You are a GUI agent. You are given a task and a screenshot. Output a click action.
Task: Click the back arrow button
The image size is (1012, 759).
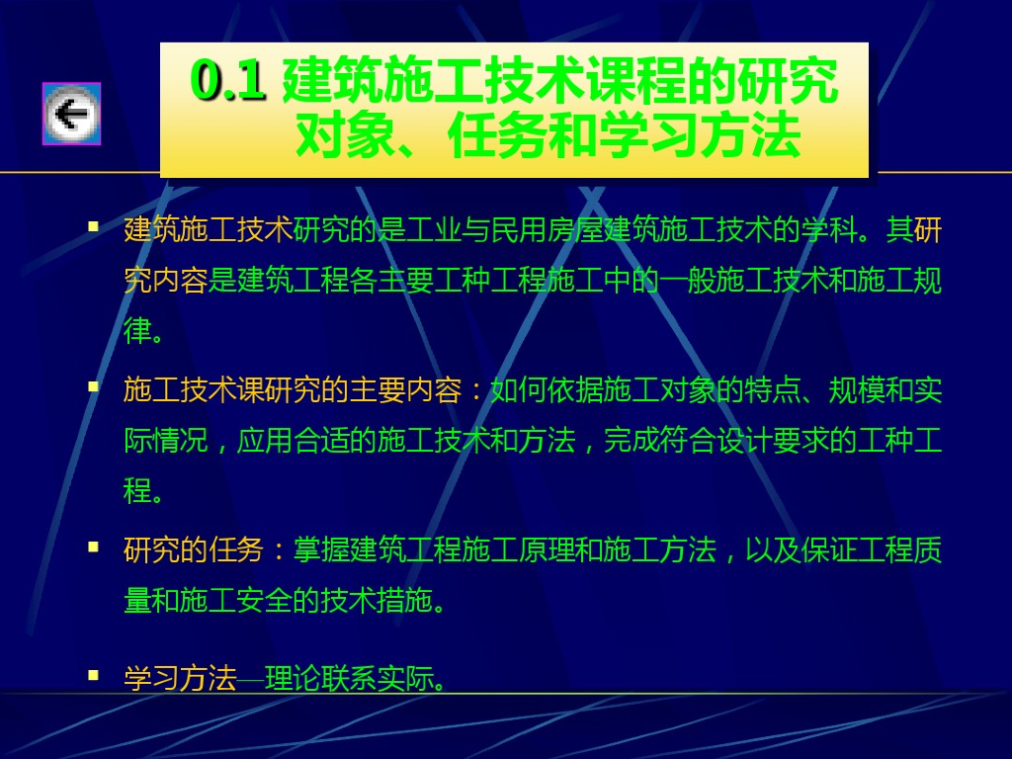71,114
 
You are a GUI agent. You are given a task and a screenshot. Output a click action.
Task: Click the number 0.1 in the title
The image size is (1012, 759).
228,80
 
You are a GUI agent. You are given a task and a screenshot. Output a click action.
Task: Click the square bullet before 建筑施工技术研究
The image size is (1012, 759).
94,226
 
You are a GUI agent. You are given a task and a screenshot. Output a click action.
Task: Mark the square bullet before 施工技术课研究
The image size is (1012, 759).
94,386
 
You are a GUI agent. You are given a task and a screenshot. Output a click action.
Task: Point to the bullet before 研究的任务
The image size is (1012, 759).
94,548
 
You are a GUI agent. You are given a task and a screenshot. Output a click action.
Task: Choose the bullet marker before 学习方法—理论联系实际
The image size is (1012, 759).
94,675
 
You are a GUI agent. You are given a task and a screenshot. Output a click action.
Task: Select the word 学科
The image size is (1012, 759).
829,230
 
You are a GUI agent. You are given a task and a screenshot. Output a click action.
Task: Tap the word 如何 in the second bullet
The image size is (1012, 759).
518,390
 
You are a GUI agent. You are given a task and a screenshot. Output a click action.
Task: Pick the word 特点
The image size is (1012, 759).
773,390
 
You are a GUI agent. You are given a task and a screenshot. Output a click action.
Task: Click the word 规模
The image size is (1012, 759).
857,390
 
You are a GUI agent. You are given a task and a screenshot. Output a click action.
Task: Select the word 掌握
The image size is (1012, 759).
321,550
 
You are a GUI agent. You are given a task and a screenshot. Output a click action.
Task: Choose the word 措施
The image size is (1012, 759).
406,600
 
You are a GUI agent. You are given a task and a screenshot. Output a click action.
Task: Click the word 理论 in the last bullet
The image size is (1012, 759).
293,678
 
